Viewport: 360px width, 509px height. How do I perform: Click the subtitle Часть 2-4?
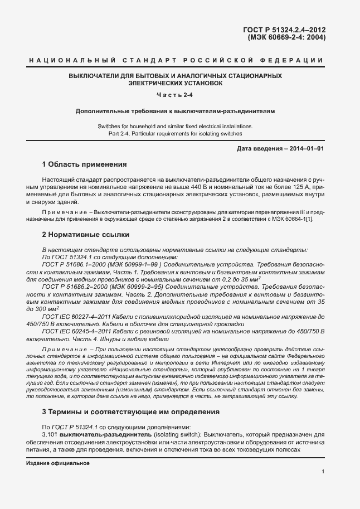pyautogui.click(x=176, y=95)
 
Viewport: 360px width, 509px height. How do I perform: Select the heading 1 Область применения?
pyautogui.click(x=85, y=164)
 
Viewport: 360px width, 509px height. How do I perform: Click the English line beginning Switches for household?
pyautogui.click(x=175, y=126)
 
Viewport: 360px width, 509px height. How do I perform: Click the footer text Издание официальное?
pyautogui.click(x=58, y=463)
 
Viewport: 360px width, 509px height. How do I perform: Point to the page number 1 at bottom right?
pyautogui.click(x=323, y=472)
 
